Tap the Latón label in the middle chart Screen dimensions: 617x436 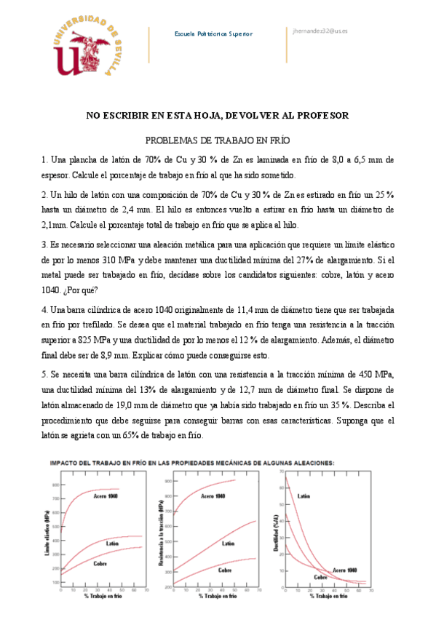tap(228, 543)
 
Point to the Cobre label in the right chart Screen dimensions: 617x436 tap(320, 576)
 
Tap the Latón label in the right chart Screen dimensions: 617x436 tap(304, 495)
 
